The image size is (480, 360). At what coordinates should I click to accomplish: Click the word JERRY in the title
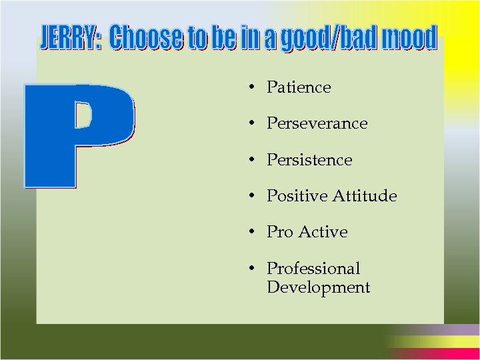[x=69, y=39]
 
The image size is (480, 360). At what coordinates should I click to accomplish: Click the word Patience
[x=299, y=87]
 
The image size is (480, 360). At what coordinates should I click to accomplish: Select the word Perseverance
[x=317, y=124]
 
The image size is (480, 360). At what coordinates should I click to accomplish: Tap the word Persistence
[x=309, y=160]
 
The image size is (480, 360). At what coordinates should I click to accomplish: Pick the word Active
[x=325, y=232]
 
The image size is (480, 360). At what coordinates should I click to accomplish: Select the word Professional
[x=313, y=269]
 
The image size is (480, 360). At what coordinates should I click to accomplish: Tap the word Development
[x=318, y=287]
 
